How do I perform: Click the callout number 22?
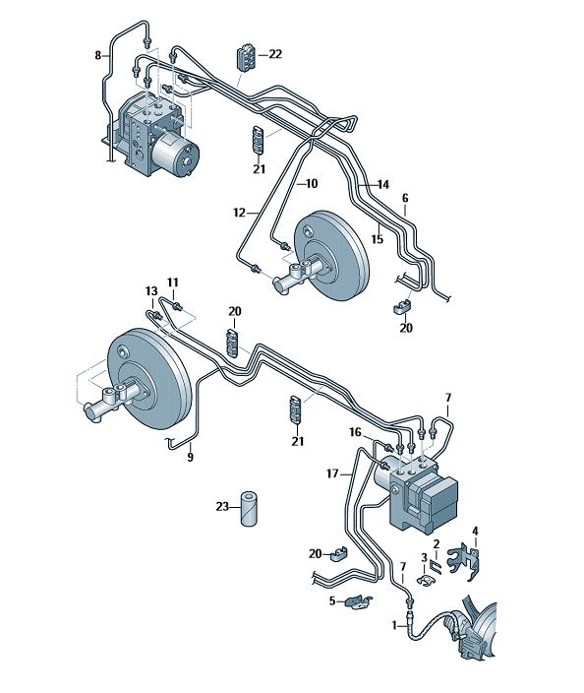(x=275, y=54)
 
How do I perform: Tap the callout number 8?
(x=98, y=56)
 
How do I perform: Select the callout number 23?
(x=222, y=507)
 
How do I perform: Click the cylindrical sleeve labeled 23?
(x=251, y=509)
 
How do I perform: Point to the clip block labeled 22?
(x=246, y=56)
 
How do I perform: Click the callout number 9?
(x=191, y=457)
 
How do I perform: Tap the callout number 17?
(x=332, y=473)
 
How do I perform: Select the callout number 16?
(x=355, y=432)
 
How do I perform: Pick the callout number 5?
(x=332, y=601)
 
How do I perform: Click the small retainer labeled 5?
(x=359, y=601)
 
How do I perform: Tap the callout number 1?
(x=394, y=625)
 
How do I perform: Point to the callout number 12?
(x=239, y=213)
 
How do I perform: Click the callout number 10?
(x=312, y=183)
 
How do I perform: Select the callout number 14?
(x=383, y=185)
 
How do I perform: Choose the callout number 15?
(x=377, y=239)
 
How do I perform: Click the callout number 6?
(x=405, y=199)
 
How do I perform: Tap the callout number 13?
(x=151, y=291)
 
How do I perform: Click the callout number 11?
(x=173, y=283)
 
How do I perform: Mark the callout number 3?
(x=424, y=558)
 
